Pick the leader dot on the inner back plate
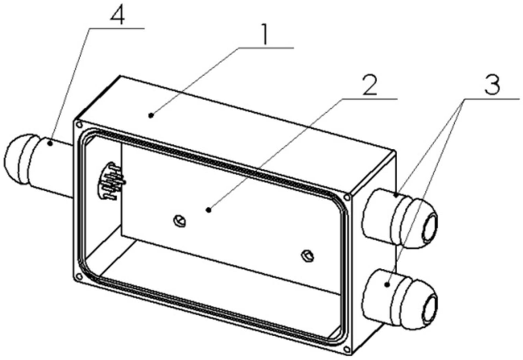pos(208,209)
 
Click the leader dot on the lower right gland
pos(388,285)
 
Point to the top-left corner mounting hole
pos(78,125)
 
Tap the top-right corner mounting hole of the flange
pos(347,197)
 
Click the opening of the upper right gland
pos(431,228)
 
